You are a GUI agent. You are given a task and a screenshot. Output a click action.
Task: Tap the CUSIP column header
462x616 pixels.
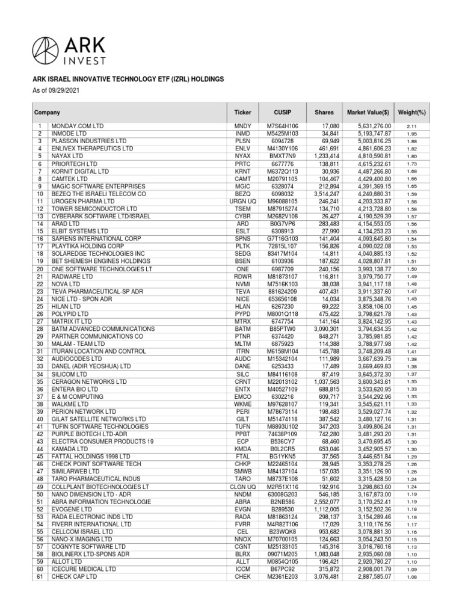(282, 112)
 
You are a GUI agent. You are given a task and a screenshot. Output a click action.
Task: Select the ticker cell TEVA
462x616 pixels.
(242, 291)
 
